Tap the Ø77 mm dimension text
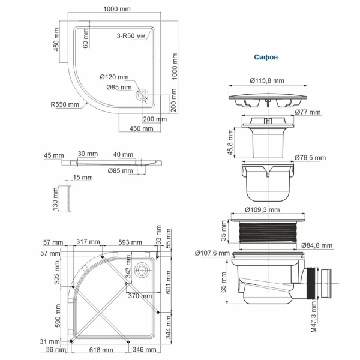pos(307,112)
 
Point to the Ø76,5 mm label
pos(310,158)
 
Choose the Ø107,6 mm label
pos(212,253)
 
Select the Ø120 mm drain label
pos(114,77)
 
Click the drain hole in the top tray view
pos(143,95)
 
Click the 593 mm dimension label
pos(130,242)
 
